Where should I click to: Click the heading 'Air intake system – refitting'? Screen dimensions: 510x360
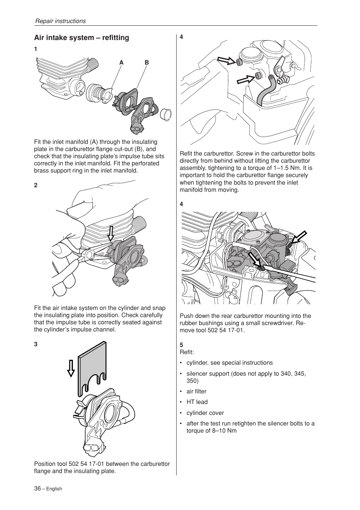tap(82, 38)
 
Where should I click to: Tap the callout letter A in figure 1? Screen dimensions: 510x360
tap(122, 63)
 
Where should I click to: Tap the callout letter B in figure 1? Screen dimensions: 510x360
tap(147, 63)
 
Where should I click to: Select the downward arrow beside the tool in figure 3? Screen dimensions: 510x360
tap(71, 368)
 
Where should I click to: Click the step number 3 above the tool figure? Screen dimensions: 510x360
tap(35, 344)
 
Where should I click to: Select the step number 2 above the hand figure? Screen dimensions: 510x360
tap(35, 185)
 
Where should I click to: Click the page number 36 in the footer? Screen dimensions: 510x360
tap(37, 488)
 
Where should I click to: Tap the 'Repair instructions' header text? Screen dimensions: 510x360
tap(60, 21)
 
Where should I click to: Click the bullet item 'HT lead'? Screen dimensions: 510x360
tap(197, 402)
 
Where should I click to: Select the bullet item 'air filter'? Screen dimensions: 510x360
tap(196, 391)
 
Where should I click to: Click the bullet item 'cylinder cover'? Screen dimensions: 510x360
tap(205, 413)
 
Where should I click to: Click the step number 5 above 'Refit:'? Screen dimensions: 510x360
tap(182, 345)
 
